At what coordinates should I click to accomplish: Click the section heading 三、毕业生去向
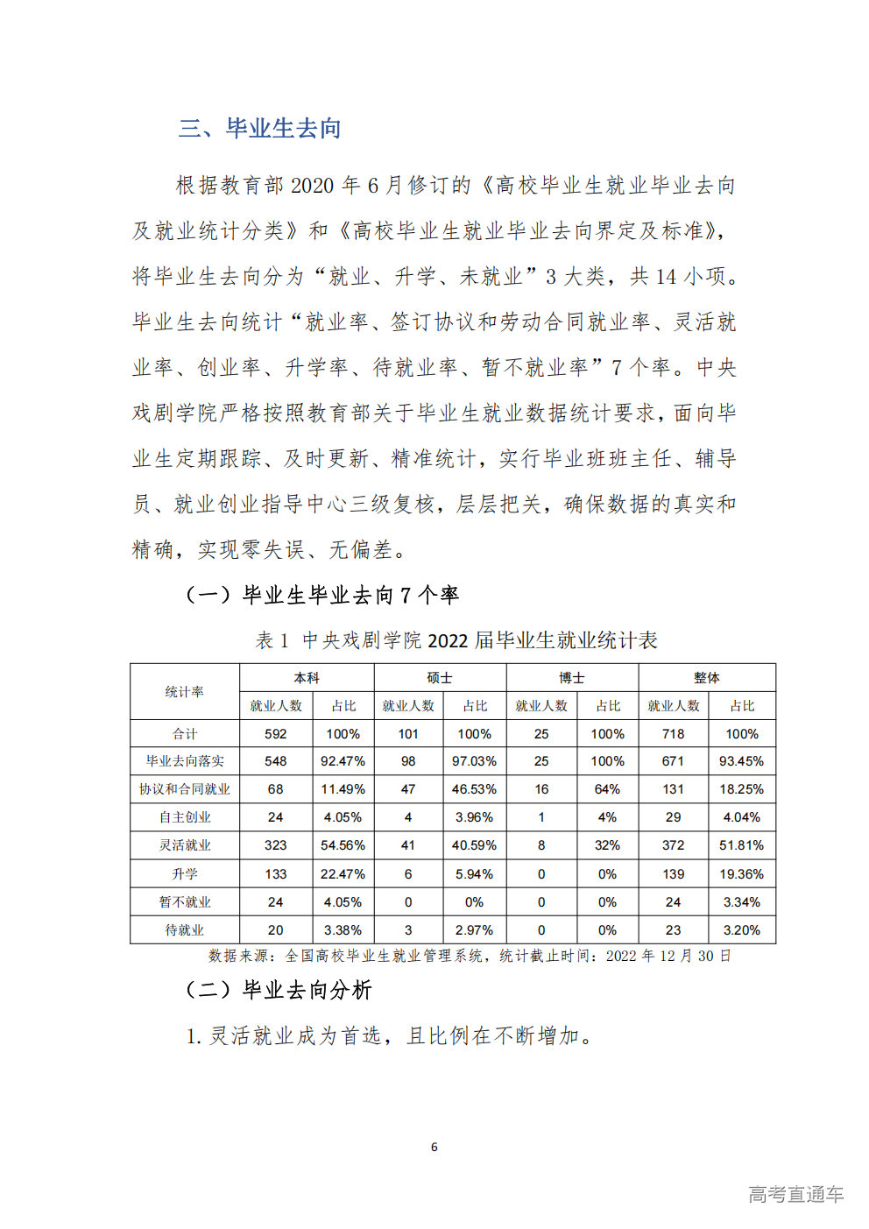259,129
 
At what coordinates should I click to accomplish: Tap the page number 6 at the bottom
434,1147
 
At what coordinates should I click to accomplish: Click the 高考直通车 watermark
795,1194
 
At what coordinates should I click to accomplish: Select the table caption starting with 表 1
456,640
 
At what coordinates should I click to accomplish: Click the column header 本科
307,677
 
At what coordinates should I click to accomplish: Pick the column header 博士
572,677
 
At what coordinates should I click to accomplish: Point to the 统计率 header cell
185,692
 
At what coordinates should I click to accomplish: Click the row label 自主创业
185,817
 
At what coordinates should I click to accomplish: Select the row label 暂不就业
185,901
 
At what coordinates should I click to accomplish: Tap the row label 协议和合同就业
185,789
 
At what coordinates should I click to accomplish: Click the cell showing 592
276,734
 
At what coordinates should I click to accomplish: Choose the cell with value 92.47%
343,761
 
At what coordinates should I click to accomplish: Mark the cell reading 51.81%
741,845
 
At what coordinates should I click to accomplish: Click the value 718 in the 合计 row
673,734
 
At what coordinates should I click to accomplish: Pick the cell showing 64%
607,789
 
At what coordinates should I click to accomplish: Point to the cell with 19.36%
741,873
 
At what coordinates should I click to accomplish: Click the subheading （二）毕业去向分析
279,990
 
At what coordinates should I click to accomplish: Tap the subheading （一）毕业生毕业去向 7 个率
322,596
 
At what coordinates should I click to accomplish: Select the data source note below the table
470,956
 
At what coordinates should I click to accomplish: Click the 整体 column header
707,677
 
